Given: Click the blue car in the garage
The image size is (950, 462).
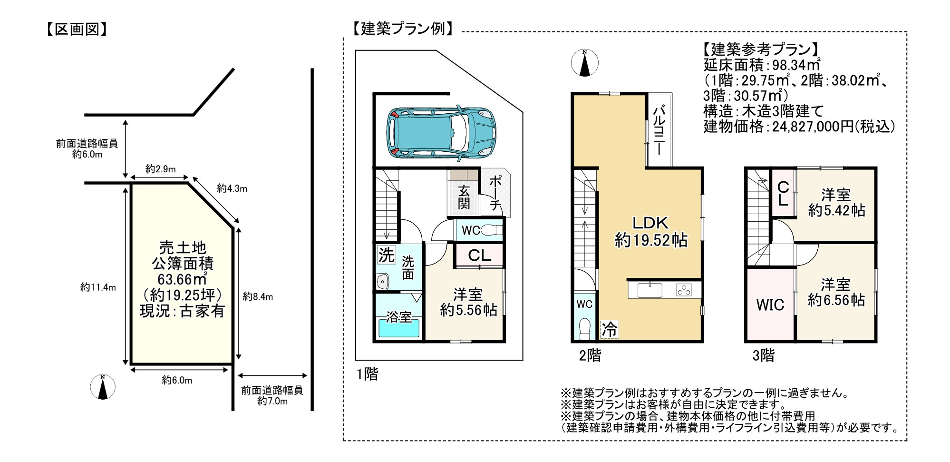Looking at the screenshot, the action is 441,132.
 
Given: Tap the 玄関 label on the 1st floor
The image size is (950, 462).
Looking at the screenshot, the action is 464,197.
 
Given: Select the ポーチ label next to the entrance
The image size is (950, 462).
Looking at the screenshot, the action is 495,193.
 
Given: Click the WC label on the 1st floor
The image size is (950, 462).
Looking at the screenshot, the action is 471,231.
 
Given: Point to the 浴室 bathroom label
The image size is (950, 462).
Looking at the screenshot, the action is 398,317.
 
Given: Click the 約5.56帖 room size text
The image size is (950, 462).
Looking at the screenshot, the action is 468,310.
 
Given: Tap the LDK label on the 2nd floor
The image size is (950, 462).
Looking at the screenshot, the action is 650,223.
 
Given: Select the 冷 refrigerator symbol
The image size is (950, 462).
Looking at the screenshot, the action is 609,329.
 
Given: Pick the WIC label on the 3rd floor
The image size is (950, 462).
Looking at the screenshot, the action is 770,305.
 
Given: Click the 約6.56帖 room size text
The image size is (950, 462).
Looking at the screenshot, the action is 836,300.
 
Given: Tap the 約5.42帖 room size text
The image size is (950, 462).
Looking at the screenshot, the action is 836,210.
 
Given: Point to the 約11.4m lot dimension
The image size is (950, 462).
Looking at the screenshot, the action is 98,287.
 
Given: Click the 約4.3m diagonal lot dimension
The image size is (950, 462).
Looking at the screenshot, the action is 232,188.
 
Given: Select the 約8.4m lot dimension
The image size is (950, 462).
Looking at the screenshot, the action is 258,296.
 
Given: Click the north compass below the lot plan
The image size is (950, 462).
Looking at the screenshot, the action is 103,387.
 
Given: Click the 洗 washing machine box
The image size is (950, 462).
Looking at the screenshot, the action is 386,255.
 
